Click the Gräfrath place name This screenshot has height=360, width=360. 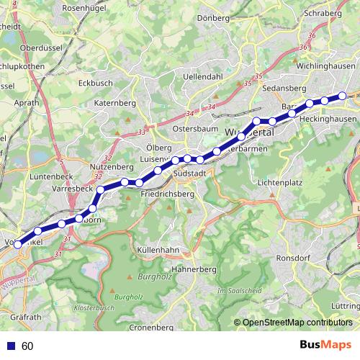(26, 317)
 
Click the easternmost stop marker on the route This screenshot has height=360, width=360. (343, 96)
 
